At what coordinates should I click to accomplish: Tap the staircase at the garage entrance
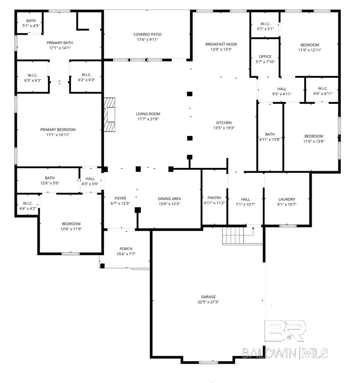233,235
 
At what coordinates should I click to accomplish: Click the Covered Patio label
147,35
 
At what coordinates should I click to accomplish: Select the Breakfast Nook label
221,44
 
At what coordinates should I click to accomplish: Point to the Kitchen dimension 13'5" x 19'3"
224,128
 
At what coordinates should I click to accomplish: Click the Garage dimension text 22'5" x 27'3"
208,302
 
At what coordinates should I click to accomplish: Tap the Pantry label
214,198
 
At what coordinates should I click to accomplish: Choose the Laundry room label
287,199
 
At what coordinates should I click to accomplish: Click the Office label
265,57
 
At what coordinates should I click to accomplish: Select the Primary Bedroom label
58,129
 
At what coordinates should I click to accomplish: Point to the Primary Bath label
60,43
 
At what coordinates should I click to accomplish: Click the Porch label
126,249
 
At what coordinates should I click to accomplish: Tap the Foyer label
120,198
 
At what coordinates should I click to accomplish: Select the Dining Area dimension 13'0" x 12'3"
169,204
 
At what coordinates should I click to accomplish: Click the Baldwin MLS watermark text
285,353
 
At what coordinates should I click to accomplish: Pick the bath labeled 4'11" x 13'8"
270,137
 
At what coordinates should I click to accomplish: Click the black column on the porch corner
102,266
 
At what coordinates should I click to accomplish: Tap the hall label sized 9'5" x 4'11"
281,91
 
